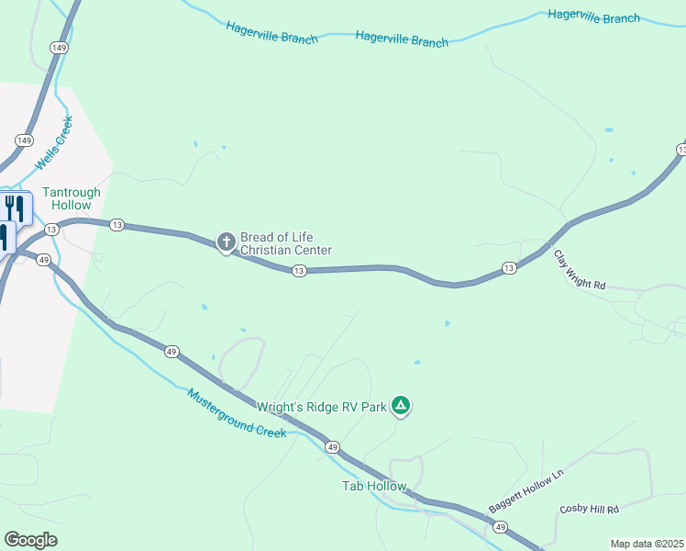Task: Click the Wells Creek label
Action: click(x=54, y=142)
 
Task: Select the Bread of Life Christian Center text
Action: click(x=285, y=243)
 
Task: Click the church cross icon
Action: click(x=226, y=242)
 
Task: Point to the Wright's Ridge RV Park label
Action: click(x=321, y=407)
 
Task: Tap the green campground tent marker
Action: click(x=400, y=405)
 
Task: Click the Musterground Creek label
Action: click(x=237, y=412)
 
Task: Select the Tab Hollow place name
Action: click(x=373, y=486)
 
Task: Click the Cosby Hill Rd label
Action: click(x=589, y=509)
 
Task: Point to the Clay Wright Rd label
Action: click(x=580, y=272)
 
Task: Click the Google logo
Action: click(x=30, y=540)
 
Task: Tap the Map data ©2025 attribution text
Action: click(x=647, y=544)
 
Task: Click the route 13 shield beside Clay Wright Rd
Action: click(x=508, y=268)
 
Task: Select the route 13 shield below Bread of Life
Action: click(x=298, y=271)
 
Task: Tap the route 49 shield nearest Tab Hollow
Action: click(x=332, y=447)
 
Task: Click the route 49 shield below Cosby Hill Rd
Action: click(x=500, y=527)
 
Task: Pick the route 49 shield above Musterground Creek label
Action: click(x=171, y=351)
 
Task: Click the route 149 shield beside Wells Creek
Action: click(x=25, y=141)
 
